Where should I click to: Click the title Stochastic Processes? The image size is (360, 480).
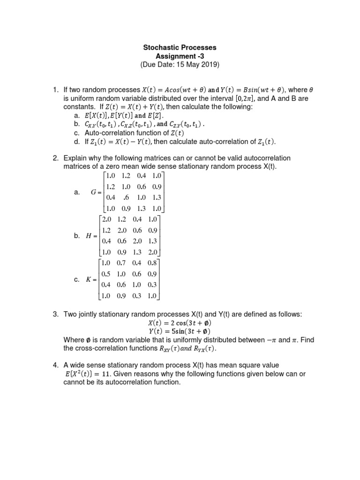click(180, 48)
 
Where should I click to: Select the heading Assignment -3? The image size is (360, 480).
click(180, 56)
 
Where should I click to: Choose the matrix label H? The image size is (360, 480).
click(89, 236)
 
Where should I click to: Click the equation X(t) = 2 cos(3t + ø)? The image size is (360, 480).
click(180, 323)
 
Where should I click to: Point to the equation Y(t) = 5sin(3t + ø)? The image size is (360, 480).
click(180, 331)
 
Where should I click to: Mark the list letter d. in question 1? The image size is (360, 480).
click(78, 142)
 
